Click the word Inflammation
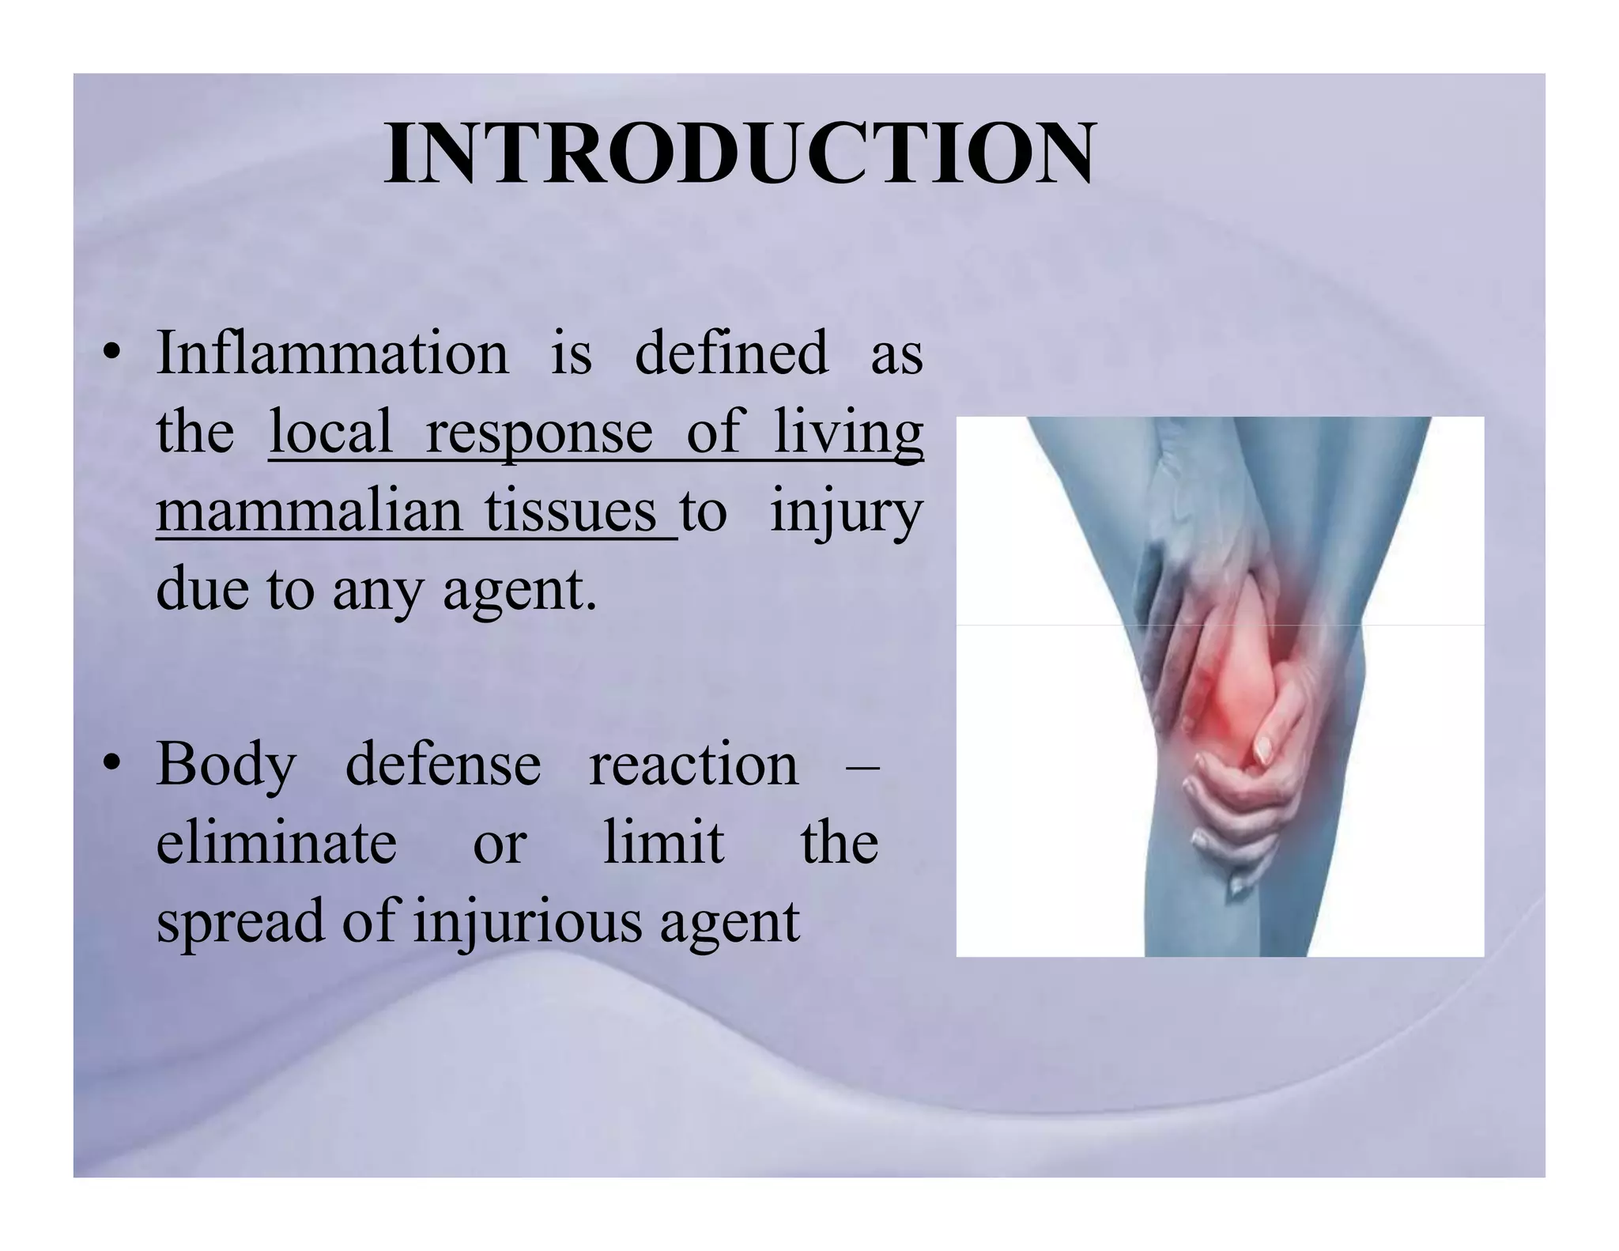[x=333, y=353]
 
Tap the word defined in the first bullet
[x=731, y=353]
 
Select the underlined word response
[x=539, y=434]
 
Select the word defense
[x=443, y=765]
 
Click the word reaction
[x=693, y=765]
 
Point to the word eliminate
[x=276, y=843]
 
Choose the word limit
[x=663, y=843]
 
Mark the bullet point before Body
[x=111, y=766]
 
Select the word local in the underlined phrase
[x=330, y=433]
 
